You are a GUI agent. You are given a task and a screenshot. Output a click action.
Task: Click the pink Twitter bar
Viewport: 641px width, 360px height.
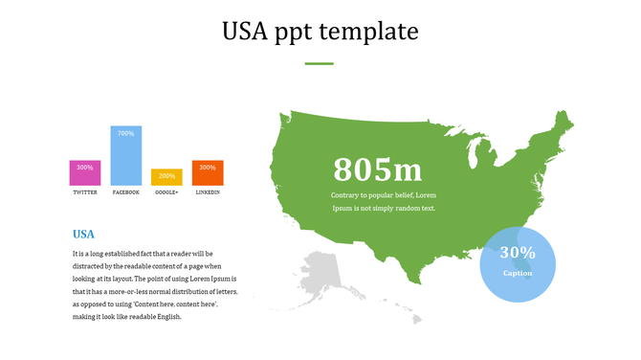point(85,173)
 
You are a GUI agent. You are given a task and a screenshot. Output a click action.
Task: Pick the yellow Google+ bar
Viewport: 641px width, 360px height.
point(166,176)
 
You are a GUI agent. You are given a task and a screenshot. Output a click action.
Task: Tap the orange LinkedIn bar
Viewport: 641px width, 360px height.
point(208,173)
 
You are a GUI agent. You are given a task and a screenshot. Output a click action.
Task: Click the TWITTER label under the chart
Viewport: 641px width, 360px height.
point(85,192)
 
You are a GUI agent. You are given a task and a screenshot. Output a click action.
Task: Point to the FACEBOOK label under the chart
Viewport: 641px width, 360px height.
point(126,192)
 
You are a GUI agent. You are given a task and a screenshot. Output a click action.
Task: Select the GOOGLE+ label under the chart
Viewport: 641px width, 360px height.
point(166,192)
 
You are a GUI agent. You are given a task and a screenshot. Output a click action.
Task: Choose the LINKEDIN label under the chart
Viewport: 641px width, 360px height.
point(208,192)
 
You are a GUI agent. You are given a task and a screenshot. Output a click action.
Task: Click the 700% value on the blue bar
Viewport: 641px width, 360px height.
point(126,134)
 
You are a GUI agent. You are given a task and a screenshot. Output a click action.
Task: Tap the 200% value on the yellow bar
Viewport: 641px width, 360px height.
point(166,176)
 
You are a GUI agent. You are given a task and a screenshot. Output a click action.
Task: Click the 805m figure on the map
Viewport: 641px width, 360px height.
point(378,170)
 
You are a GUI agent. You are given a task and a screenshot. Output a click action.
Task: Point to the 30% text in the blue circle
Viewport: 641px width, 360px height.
point(518,253)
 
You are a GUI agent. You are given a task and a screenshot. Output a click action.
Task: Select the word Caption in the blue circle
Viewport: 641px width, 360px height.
point(518,273)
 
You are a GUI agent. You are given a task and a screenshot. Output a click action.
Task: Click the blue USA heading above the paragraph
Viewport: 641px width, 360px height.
point(84,234)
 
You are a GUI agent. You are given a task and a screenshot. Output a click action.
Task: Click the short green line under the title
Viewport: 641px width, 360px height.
point(320,63)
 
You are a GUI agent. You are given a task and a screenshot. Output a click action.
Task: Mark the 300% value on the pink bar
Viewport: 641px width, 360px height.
point(85,168)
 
